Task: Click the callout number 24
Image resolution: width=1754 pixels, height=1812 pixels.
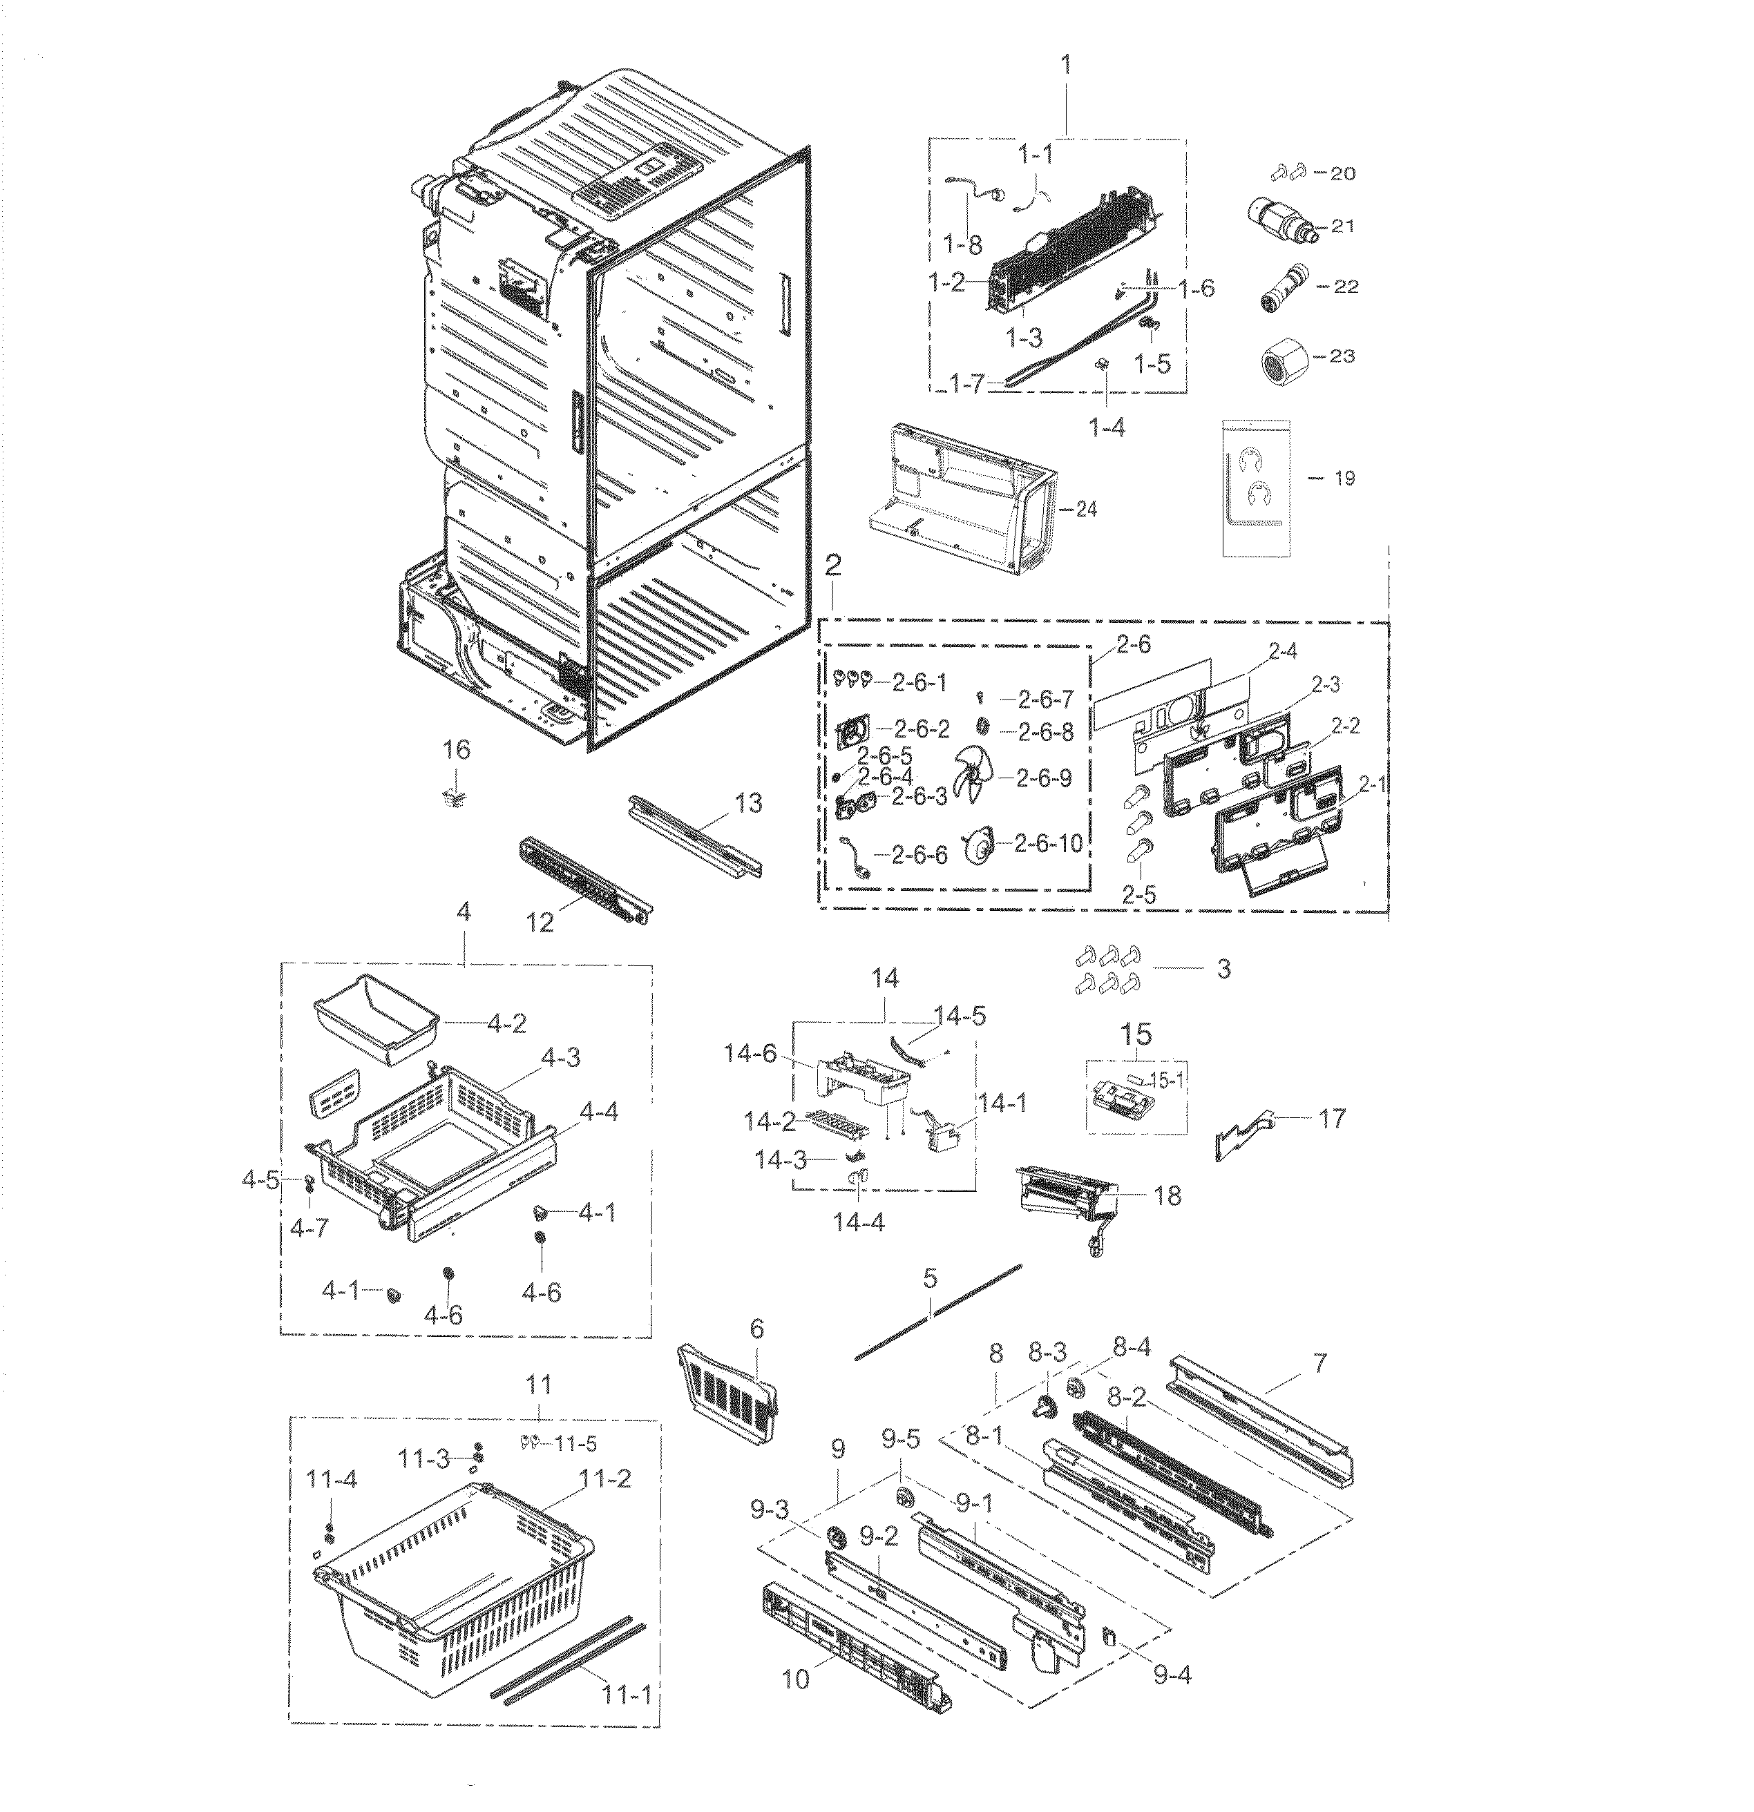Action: [1087, 510]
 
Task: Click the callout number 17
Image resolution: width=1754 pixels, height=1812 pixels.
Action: [1331, 1119]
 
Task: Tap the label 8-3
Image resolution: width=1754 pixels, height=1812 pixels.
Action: [1047, 1353]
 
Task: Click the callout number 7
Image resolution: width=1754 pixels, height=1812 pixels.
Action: [1319, 1362]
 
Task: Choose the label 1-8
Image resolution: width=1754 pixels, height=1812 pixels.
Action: [962, 244]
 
